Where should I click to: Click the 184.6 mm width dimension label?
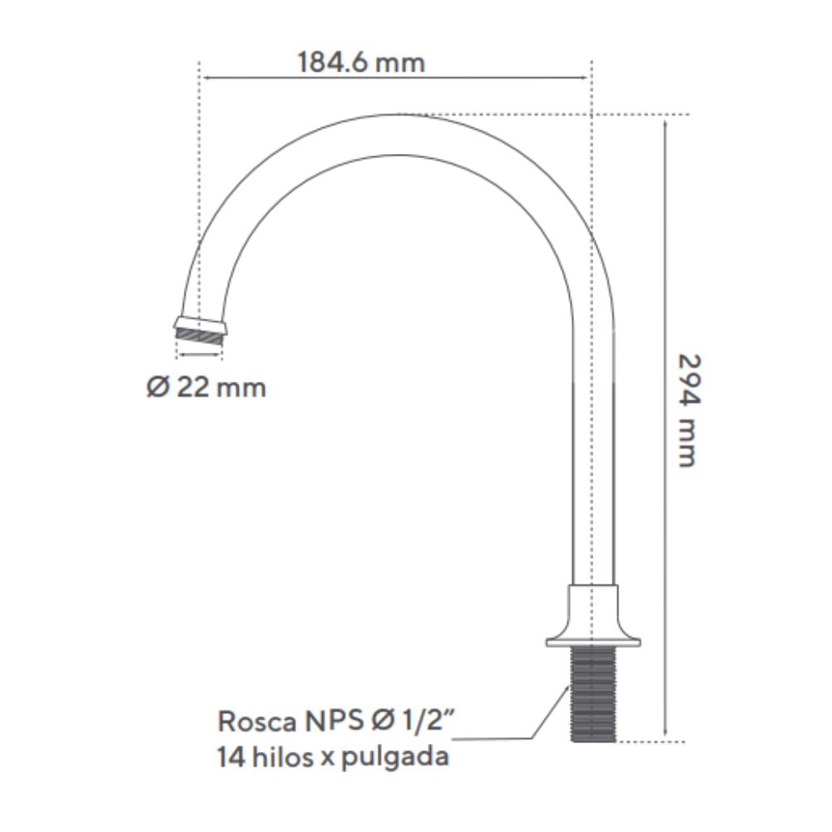pos(361,62)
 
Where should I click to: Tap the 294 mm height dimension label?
pos(689,410)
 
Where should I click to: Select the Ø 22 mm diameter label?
pos(206,387)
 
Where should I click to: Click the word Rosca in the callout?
pos(257,721)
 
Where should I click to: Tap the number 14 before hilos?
pos(230,756)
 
